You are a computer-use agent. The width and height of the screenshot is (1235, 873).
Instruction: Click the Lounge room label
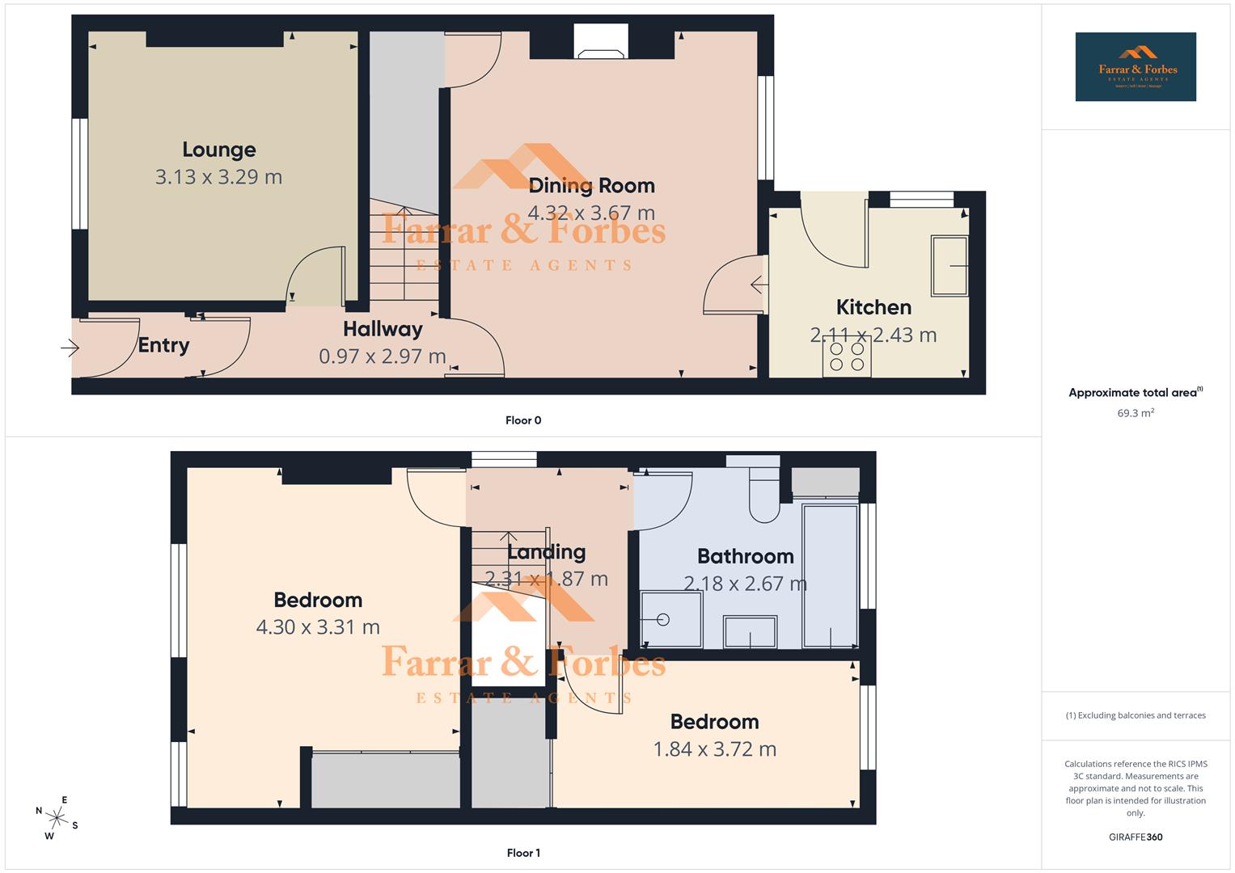point(218,150)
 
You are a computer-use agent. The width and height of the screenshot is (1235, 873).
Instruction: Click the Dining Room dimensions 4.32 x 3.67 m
point(591,213)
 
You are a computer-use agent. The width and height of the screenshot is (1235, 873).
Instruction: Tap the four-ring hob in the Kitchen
point(847,357)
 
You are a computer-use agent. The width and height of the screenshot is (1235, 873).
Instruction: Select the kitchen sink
point(950,265)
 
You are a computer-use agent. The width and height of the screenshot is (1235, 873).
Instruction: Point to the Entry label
point(163,345)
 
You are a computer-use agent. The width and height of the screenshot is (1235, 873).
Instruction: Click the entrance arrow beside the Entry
point(70,348)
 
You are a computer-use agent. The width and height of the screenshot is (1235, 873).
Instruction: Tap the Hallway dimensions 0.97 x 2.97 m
point(382,356)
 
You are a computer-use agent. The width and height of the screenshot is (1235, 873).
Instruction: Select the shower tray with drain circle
point(670,619)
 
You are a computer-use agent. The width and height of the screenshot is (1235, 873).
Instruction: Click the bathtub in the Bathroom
point(830,576)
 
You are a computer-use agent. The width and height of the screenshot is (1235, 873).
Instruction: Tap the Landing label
point(546,552)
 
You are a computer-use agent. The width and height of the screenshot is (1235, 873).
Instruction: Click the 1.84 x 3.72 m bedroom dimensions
point(714,749)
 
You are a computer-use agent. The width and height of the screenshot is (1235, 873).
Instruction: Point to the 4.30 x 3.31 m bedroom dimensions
point(318,626)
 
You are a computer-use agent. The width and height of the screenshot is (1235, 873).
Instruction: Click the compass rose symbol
point(57,818)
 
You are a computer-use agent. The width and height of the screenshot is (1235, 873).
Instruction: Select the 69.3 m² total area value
point(1136,413)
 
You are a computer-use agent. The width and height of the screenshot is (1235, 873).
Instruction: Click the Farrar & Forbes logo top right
point(1136,66)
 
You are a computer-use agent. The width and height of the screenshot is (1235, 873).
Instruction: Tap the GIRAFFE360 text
point(1136,837)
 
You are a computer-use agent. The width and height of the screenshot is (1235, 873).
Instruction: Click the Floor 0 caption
point(523,420)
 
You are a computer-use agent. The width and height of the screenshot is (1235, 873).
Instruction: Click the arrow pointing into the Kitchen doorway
point(758,285)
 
